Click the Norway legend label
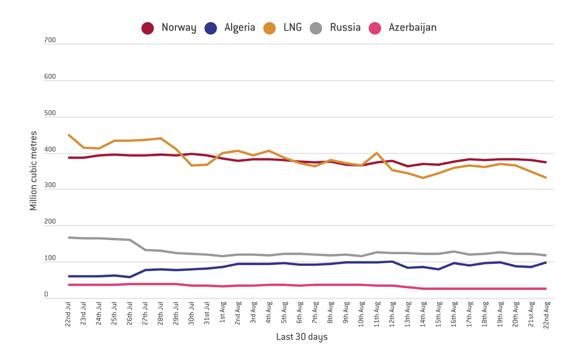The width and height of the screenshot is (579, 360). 179,27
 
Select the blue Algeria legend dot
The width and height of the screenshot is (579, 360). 210,29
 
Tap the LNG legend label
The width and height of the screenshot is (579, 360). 293,27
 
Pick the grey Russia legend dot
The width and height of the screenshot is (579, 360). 316,29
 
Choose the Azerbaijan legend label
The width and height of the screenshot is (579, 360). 413,27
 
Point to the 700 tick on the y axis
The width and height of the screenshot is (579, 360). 50,40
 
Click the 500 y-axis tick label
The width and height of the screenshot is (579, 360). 50,113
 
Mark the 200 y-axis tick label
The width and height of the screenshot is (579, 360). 50,222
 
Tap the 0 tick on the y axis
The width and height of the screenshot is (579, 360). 46,295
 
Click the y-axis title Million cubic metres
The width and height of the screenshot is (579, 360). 34,171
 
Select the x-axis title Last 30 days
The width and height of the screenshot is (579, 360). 302,337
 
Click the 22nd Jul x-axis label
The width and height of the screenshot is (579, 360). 68,314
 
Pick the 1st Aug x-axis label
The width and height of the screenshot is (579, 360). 222,312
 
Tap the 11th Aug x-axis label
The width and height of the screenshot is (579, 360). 377,314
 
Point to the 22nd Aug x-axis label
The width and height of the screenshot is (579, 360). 546,315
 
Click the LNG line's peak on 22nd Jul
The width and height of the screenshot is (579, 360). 69,135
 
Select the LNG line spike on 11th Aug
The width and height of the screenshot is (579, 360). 377,153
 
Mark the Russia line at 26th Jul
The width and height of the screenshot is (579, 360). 130,240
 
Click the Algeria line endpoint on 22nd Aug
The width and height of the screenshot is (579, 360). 546,262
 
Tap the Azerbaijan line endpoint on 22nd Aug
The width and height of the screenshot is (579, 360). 546,288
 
